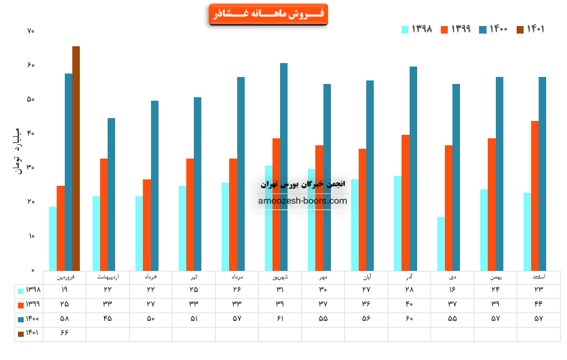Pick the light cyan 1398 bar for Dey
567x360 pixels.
(441, 244)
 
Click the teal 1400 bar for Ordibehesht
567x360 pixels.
(111, 194)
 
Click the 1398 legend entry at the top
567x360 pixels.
(417, 30)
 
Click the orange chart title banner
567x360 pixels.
(268, 14)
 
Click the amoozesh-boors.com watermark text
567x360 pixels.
(303, 201)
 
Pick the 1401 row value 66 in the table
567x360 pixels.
(64, 334)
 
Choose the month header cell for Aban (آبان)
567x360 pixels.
(366, 277)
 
